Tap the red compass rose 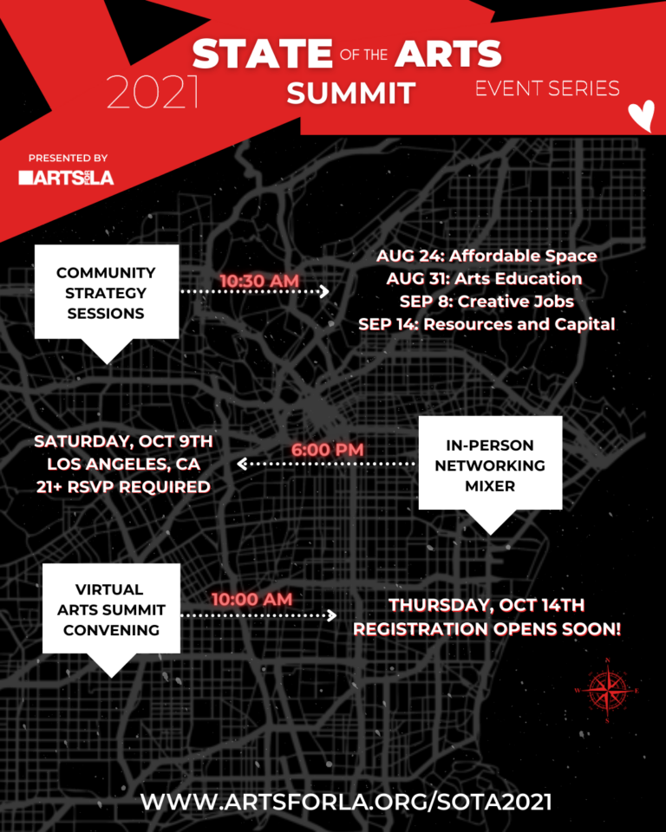point(607,690)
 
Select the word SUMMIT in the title point(351,92)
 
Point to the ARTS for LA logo point(66,178)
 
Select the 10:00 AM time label point(251,599)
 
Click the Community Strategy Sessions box point(107,293)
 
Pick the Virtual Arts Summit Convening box point(111,609)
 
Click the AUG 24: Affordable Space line point(486,257)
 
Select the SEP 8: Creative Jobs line point(486,302)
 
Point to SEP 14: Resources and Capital point(486,324)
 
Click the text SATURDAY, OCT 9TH point(123,441)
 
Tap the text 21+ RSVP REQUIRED point(123,486)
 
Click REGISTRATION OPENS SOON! point(486,628)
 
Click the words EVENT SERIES point(547,88)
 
